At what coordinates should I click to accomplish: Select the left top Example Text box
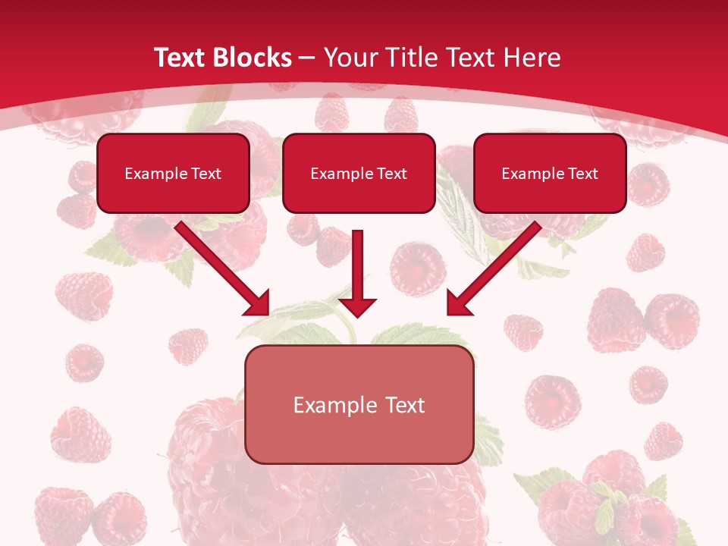coord(173,173)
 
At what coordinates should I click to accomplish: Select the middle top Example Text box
coord(359,173)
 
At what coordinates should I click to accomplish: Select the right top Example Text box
coord(550,173)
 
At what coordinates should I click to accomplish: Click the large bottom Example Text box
coord(359,404)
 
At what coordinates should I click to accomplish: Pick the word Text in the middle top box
coord(392,174)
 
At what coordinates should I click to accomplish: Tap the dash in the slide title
coord(307,58)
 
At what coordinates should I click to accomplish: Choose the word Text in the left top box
coord(206,174)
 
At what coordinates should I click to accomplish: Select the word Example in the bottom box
coord(335,405)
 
